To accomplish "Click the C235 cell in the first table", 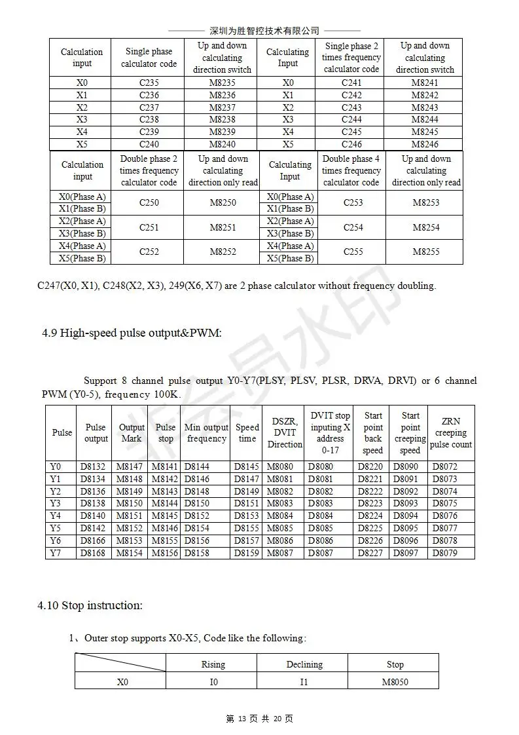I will tap(149, 83).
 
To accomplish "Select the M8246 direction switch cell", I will tap(425, 144).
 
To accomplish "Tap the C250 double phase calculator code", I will tap(149, 202).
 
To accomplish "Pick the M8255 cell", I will tap(425, 252).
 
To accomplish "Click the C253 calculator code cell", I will tap(352, 202).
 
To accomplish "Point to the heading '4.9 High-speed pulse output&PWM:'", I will tap(132, 333).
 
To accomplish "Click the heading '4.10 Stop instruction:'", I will tap(90, 605).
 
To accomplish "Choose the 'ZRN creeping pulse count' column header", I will tap(450, 433).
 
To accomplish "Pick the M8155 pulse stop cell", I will tap(165, 541).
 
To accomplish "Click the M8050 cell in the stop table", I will tap(395, 682).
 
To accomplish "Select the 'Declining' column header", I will tap(304, 664).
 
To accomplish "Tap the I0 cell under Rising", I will tap(213, 682).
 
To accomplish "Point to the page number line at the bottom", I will tap(259, 719).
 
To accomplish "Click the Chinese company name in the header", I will tap(264, 31).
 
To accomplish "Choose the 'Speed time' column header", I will tap(247, 433).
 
